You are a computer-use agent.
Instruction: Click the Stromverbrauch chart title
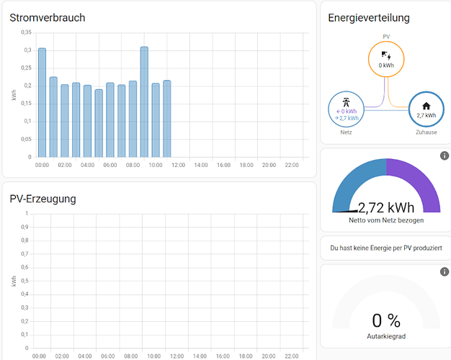coord(48,17)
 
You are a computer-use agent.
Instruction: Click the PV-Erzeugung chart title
coord(43,199)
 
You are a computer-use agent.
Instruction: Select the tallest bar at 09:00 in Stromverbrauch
coord(144,102)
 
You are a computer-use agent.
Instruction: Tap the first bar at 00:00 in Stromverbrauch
coord(42,102)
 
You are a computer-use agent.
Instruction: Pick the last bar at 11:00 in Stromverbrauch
coord(166,119)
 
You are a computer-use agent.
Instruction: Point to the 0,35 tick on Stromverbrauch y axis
coord(26,32)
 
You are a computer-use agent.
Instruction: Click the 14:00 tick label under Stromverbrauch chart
coord(200,165)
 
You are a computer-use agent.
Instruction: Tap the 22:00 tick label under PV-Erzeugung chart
coord(291,356)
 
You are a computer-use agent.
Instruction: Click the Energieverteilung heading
coord(368,17)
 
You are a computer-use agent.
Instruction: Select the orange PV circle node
coord(387,58)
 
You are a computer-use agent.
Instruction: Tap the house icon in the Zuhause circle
coord(426,106)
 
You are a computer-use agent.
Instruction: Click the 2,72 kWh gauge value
coord(386,209)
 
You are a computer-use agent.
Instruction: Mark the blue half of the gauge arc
coord(354,180)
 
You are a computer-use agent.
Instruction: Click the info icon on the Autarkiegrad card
coord(445,272)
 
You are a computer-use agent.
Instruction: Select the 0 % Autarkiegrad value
coord(386,321)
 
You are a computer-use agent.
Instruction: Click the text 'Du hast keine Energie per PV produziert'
coord(385,248)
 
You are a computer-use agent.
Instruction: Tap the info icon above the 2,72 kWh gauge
coord(445,156)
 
